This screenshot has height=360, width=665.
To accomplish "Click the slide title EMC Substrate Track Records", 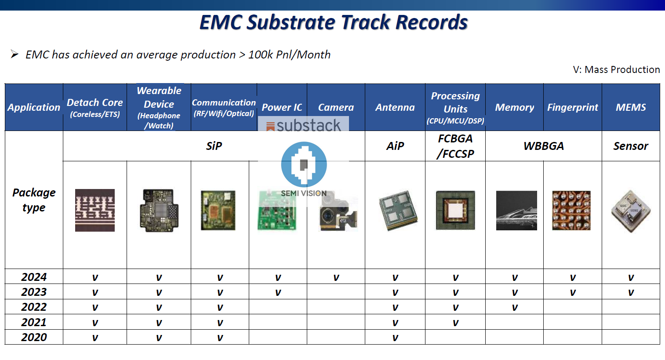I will pyautogui.click(x=334, y=22).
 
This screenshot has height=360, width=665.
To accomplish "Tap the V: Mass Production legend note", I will pyautogui.click(x=616, y=69).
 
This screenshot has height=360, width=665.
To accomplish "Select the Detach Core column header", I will pyautogui.click(x=94, y=107).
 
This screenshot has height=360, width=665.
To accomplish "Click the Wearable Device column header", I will pyautogui.click(x=159, y=107).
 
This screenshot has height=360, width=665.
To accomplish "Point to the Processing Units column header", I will pyautogui.click(x=455, y=107).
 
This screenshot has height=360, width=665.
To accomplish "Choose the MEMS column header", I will pyautogui.click(x=631, y=107).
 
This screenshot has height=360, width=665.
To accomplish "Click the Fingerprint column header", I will pyautogui.click(x=572, y=107).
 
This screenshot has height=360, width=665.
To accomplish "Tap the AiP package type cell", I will pyautogui.click(x=395, y=146).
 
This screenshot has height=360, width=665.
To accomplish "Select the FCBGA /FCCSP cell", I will pyautogui.click(x=455, y=146).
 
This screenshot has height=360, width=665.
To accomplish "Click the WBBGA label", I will pyautogui.click(x=543, y=146).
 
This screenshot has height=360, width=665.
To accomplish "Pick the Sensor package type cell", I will pyautogui.click(x=631, y=146).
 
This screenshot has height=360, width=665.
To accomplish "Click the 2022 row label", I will pyautogui.click(x=34, y=307).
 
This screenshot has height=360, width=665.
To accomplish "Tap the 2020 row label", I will pyautogui.click(x=34, y=337).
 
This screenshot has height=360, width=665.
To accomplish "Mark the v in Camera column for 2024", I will pyautogui.click(x=336, y=277).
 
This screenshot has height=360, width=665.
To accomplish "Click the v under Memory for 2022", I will pyautogui.click(x=515, y=307).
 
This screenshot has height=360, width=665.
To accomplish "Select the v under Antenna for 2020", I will pyautogui.click(x=395, y=338).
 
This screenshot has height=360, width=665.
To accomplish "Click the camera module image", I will pyautogui.click(x=338, y=212).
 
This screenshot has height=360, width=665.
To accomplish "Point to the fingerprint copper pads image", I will pyautogui.click(x=571, y=211).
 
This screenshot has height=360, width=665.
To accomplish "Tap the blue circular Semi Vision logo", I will pyautogui.click(x=304, y=164).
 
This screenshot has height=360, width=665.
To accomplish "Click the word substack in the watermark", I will pyautogui.click(x=308, y=125).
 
